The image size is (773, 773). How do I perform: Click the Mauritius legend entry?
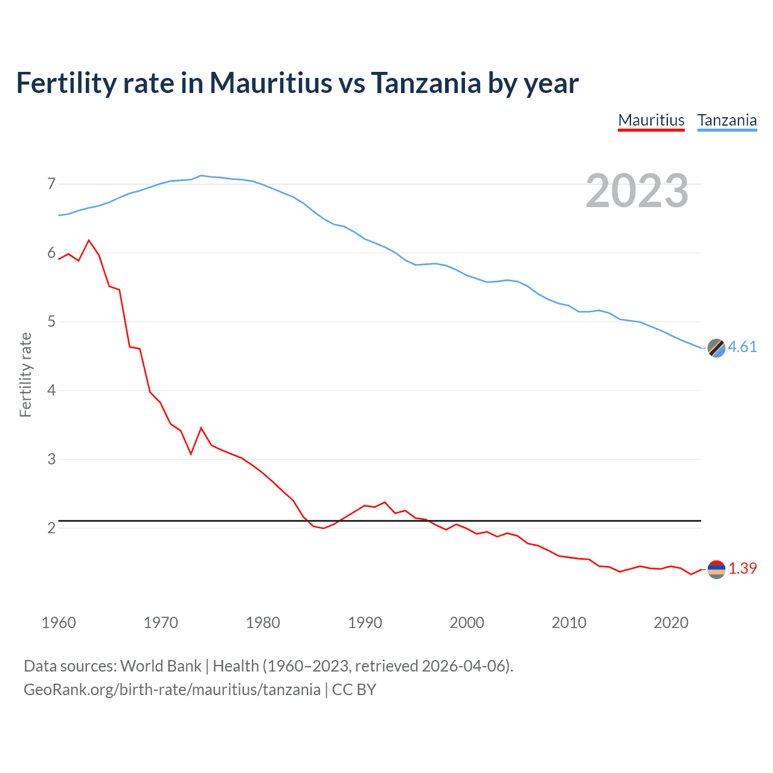coord(651,120)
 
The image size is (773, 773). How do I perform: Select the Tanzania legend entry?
coord(727,120)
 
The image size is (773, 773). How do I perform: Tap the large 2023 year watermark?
coord(637,191)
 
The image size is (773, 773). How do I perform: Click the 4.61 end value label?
coord(742,347)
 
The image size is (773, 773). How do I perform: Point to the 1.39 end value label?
coord(742,568)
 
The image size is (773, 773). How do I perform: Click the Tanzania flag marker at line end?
coord(716,348)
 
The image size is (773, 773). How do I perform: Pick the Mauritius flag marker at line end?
coord(716,569)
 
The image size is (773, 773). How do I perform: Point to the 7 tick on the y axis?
coord(51,184)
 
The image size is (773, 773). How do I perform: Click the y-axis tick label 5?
coord(51,321)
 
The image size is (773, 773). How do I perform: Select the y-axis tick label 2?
coord(51,528)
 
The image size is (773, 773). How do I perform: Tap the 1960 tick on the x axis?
coord(59,623)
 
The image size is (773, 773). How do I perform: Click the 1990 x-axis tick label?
coord(365,623)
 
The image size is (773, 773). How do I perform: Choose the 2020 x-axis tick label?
coord(671,623)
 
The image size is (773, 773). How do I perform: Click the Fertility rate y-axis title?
coord(25,374)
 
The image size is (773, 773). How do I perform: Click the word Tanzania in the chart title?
coord(426,83)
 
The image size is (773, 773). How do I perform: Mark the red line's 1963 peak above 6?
coord(89,240)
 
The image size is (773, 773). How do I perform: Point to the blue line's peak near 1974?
coord(201,175)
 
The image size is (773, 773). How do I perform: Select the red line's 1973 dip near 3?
coord(191,454)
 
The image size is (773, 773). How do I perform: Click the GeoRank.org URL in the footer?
coord(172,690)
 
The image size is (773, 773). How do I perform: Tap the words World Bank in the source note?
coord(161,666)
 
